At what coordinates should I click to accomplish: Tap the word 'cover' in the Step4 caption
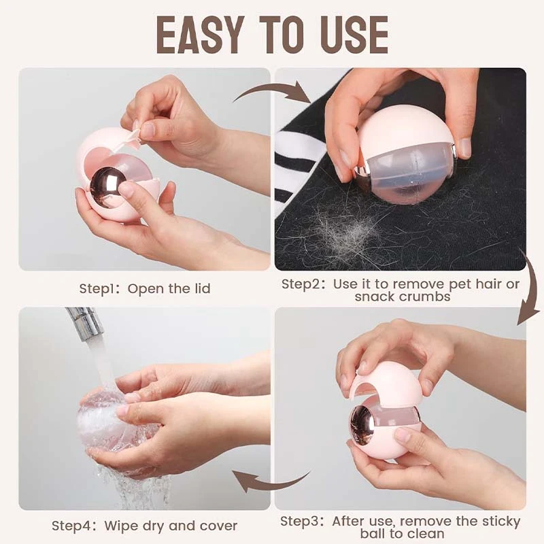tap(216, 526)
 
